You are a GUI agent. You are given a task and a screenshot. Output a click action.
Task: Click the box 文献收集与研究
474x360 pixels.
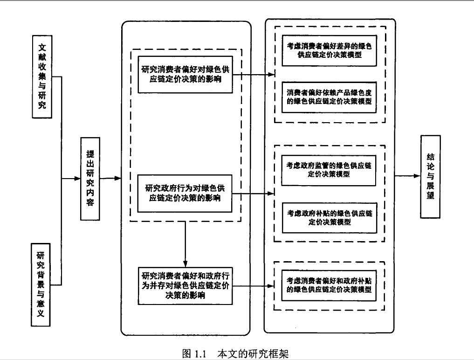[42, 76]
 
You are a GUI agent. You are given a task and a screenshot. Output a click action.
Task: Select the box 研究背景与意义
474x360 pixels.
[41, 284]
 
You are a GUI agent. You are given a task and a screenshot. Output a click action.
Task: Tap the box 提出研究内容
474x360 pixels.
[90, 179]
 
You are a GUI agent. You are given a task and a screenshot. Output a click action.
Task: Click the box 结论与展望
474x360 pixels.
[430, 176]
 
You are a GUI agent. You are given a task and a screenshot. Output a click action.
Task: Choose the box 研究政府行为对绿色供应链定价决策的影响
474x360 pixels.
[185, 193]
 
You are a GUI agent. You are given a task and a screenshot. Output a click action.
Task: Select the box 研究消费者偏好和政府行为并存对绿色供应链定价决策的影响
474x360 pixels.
[185, 285]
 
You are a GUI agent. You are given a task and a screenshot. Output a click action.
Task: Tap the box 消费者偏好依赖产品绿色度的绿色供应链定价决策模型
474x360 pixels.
[329, 97]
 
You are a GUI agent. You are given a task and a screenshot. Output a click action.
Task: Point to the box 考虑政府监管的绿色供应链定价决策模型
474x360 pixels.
[329, 170]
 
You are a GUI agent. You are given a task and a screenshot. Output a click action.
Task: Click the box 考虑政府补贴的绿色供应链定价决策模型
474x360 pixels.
[329, 217]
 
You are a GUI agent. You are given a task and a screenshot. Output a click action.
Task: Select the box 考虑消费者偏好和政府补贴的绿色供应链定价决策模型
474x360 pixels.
[329, 284]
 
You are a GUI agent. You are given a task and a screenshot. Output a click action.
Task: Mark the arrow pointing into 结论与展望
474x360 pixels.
[408, 176]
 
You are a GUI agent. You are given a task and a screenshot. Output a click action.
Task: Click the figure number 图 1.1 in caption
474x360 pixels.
[194, 353]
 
